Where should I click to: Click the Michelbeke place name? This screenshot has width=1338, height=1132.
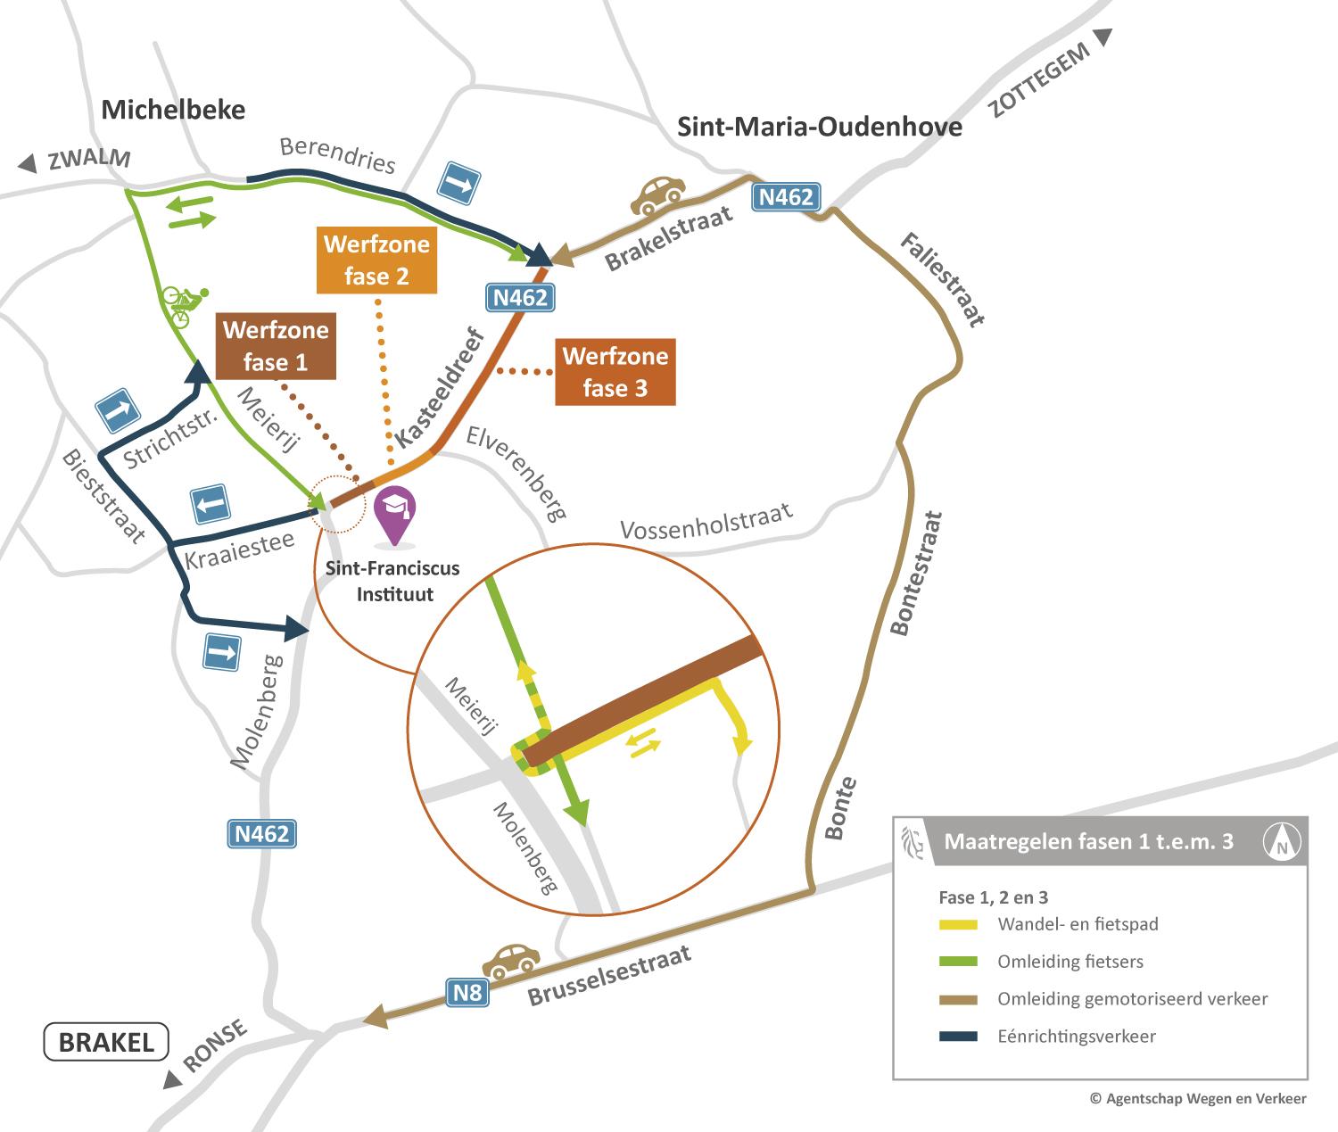pos(173,110)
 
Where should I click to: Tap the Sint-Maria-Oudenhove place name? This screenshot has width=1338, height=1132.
pos(820,127)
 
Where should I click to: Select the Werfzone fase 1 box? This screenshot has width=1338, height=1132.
pos(276,346)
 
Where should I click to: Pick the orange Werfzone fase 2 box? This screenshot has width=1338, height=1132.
pos(376,260)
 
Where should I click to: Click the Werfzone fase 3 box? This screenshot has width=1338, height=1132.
pos(615,372)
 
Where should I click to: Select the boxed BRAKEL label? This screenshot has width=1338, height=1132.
pos(106,1041)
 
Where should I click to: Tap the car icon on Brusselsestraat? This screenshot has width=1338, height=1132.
pos(510,961)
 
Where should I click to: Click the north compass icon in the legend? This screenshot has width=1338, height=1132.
pos(1282,840)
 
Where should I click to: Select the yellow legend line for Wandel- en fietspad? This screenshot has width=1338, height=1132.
pos(959,924)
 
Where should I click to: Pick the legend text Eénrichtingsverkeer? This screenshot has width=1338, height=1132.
pos(1077,1036)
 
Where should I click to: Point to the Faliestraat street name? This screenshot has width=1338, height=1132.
pos(942,280)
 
